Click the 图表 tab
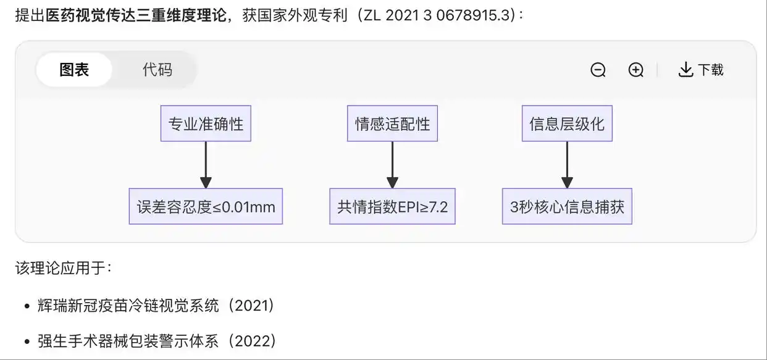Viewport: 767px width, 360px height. click(74, 70)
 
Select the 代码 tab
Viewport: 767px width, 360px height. click(157, 70)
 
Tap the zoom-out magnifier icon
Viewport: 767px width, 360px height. click(598, 70)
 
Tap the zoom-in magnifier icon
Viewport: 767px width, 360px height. click(635, 70)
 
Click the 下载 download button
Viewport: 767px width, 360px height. click(701, 70)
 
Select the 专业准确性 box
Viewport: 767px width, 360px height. click(206, 123)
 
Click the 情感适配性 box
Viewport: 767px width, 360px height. click(392, 123)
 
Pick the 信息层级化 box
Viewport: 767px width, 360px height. click(567, 123)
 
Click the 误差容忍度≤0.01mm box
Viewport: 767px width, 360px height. click(206, 206)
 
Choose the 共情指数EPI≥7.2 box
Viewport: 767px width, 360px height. click(392, 206)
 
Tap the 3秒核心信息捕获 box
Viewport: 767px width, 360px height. click(567, 206)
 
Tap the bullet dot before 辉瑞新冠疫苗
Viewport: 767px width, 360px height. click(27, 306)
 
